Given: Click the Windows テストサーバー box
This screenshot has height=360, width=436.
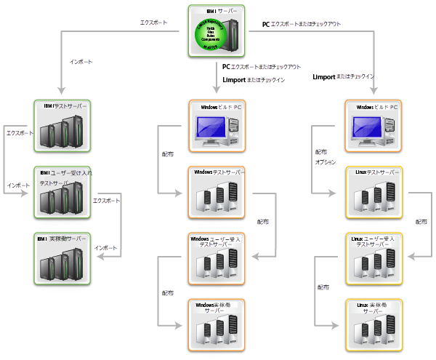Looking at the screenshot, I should [x=217, y=193].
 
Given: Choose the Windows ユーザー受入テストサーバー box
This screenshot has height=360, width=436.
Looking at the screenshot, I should [x=217, y=259].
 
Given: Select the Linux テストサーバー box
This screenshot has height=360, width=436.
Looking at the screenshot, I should [x=373, y=193].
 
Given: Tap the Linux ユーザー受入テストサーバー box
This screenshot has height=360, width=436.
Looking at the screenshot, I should [x=373, y=259].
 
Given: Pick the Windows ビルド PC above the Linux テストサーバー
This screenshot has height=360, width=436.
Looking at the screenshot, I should [x=373, y=126].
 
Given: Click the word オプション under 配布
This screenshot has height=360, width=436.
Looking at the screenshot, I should [x=324, y=161].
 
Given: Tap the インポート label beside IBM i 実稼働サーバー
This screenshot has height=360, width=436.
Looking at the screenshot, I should [x=105, y=247].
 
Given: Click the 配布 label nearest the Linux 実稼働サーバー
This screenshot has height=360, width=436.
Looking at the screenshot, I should [x=323, y=287].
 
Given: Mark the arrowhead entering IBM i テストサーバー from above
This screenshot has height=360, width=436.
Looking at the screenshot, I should [x=63, y=96].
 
